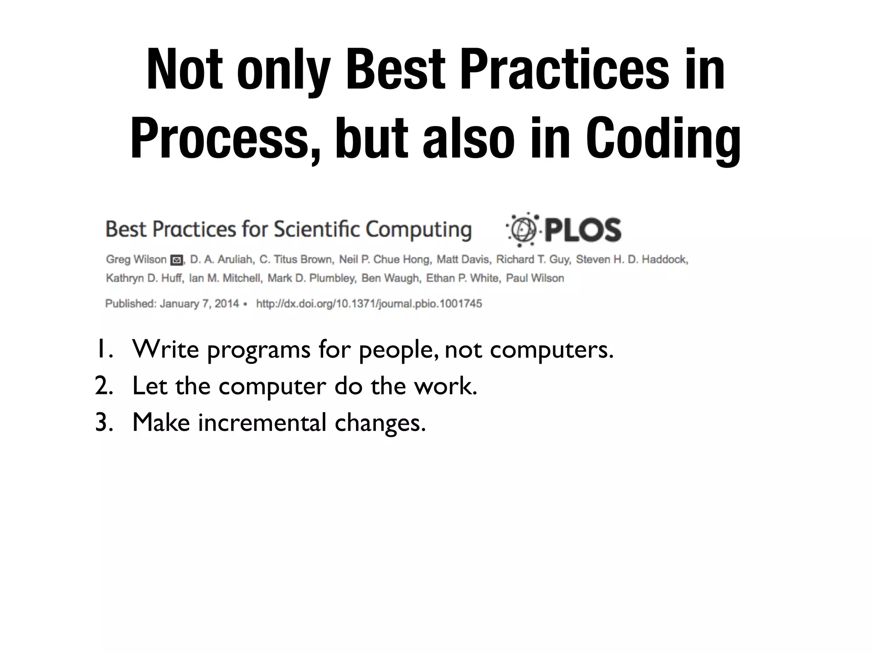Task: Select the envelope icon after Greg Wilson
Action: click(x=176, y=260)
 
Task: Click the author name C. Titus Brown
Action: click(x=296, y=259)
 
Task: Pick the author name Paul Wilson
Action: click(x=535, y=278)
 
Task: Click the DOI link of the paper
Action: click(x=369, y=304)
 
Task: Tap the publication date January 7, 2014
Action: click(x=199, y=304)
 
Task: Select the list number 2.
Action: click(x=103, y=386)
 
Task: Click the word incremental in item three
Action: click(x=262, y=422)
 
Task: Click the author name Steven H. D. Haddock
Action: click(x=632, y=259)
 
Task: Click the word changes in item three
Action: click(x=380, y=423)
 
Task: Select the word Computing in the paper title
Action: click(x=419, y=230)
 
